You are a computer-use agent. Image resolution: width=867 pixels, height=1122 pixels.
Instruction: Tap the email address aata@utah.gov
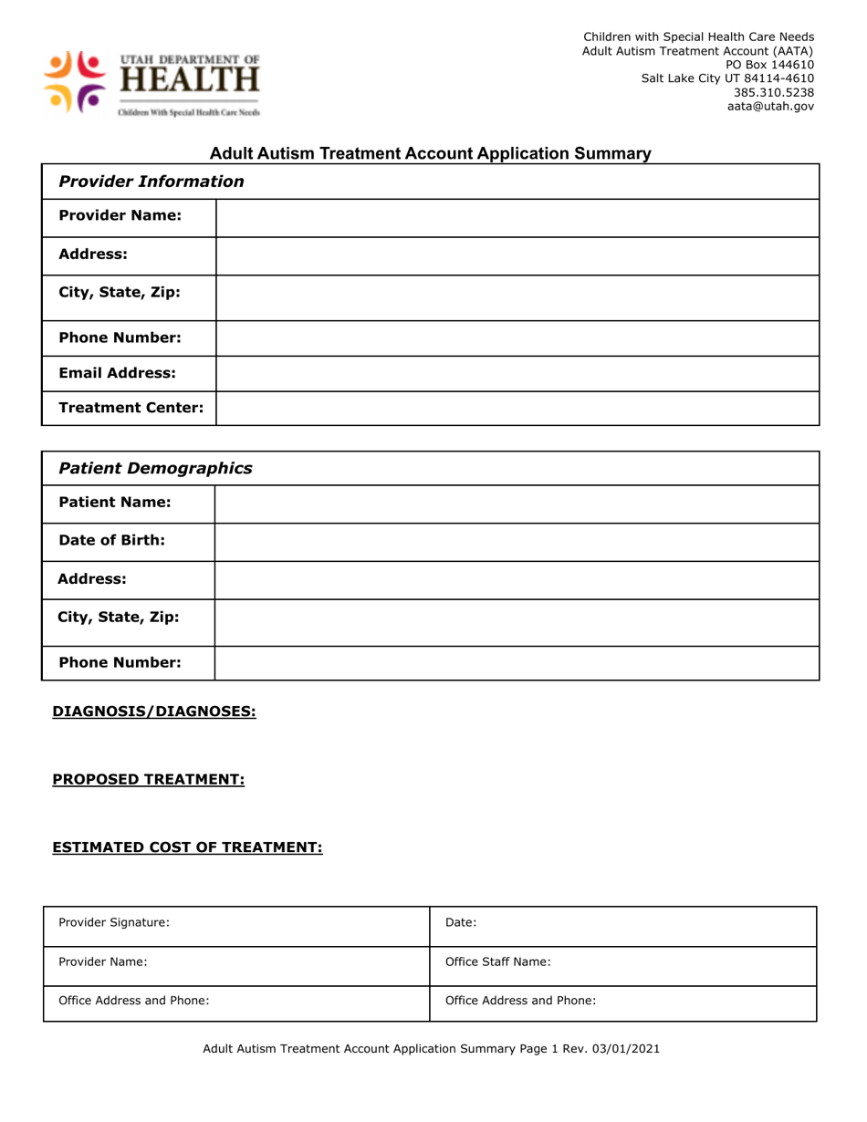[770, 107]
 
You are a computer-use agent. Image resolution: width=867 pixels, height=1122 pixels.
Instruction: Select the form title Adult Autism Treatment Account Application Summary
[431, 154]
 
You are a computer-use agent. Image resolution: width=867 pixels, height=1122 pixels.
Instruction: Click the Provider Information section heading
[151, 182]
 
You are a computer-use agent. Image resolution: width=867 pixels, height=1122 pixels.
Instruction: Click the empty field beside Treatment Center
[517, 409]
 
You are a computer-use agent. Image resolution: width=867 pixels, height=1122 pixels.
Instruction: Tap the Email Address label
[117, 373]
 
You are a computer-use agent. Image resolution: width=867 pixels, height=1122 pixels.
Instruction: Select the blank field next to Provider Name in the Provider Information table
[517, 217]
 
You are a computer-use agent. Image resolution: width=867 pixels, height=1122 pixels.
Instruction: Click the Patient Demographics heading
[155, 469]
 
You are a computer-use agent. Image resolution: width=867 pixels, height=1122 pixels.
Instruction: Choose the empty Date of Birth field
[517, 541]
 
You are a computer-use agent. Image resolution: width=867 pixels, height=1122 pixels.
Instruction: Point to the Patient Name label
[115, 503]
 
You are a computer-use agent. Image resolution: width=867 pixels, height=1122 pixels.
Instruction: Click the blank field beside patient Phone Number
[517, 663]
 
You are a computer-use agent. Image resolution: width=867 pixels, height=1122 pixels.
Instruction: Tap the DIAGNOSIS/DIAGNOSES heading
[154, 712]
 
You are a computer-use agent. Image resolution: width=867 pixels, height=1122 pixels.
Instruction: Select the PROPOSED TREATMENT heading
[149, 780]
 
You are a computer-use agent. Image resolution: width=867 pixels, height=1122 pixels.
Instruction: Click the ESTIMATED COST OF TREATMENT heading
[187, 848]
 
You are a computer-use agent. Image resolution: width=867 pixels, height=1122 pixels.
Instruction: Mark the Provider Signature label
[114, 922]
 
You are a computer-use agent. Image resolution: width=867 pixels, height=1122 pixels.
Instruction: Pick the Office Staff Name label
[497, 961]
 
